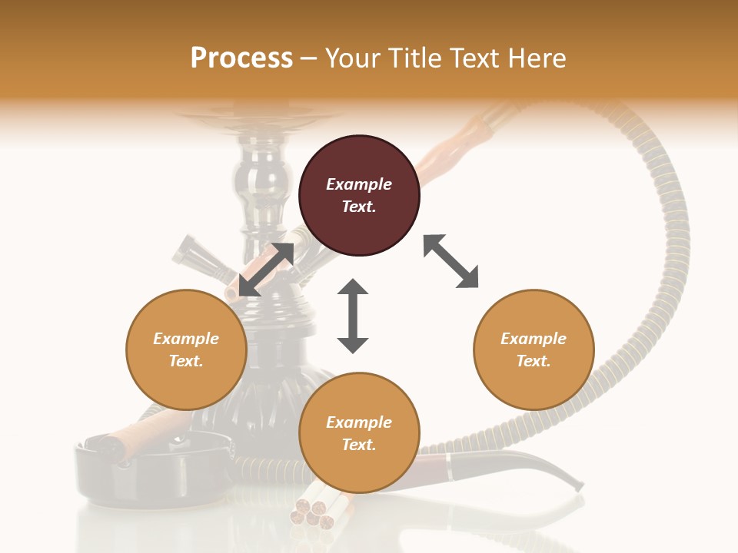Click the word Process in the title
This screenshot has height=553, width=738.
[241, 58]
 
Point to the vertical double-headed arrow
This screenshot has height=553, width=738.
[353, 316]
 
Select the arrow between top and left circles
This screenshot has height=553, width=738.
[266, 270]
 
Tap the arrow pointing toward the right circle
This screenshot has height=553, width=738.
[450, 262]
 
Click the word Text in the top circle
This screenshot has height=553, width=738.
[359, 207]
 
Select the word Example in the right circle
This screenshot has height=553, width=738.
[534, 339]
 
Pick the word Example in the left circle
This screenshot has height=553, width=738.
[186, 339]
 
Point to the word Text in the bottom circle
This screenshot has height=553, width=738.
[359, 445]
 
